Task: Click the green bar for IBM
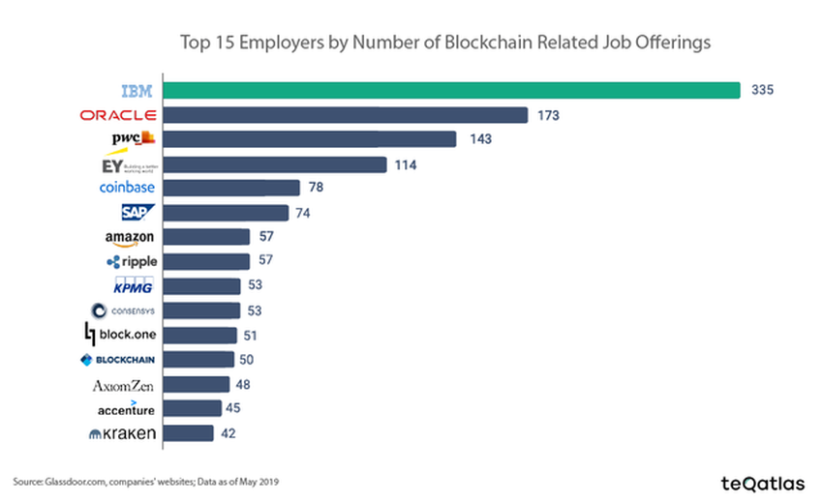click(451, 90)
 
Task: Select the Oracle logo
click(118, 115)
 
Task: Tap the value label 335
click(763, 90)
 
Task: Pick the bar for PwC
click(309, 139)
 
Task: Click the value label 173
click(549, 115)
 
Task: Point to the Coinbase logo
click(127, 188)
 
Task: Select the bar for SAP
click(225, 213)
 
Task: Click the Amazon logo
click(130, 238)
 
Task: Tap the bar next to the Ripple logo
click(205, 261)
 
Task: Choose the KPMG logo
click(133, 285)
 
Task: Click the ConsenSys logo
click(123, 310)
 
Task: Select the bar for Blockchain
click(198, 360)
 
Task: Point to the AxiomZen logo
click(123, 385)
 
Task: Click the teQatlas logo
click(762, 482)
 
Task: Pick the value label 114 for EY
click(405, 164)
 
